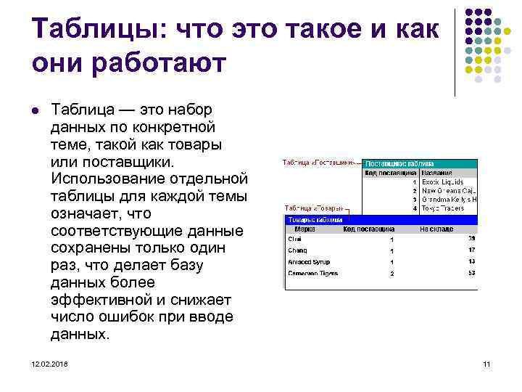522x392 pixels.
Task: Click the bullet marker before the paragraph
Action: [x=35, y=110]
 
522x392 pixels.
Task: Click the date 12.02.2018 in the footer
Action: [x=50, y=363]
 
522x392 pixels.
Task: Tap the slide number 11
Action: [x=486, y=363]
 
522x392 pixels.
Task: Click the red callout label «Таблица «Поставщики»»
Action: [x=318, y=163]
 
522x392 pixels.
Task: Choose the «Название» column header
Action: [x=439, y=173]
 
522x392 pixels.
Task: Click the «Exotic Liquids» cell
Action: [x=443, y=182]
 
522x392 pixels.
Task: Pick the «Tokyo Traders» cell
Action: [x=444, y=208]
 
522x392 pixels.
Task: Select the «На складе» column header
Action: [x=436, y=229]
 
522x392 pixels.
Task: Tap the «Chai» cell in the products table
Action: [x=295, y=238]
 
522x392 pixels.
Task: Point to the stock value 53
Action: [x=472, y=274]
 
